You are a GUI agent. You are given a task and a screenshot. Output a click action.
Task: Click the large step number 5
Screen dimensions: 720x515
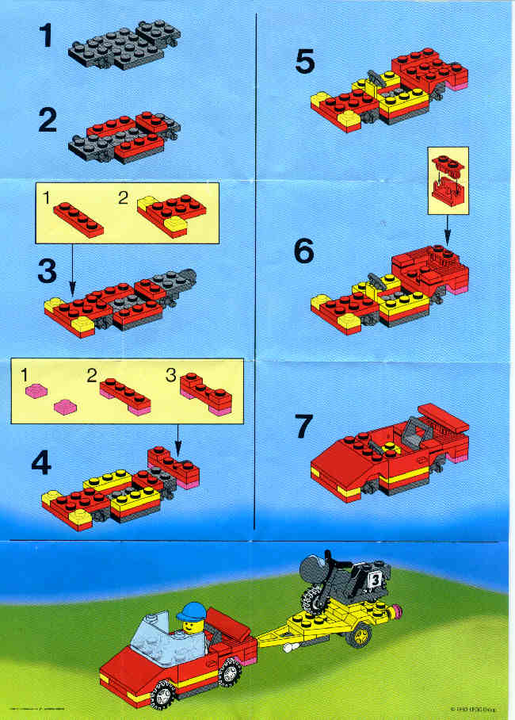tap(305, 62)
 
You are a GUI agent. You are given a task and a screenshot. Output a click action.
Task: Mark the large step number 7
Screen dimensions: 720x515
tap(305, 426)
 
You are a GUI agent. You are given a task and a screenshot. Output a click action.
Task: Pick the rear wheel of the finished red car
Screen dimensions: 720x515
tap(230, 673)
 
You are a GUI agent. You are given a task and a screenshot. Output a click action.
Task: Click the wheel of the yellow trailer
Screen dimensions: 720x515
tap(363, 634)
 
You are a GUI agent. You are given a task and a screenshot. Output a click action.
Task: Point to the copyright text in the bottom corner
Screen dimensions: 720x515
tap(475, 710)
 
